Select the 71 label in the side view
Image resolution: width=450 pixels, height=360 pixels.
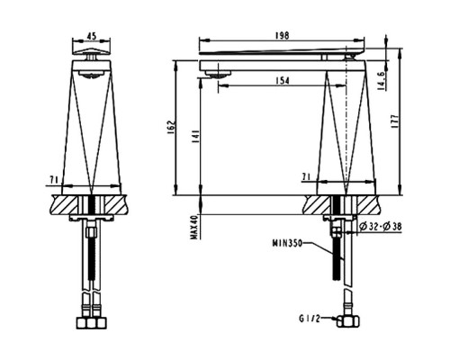[x=308, y=180]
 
